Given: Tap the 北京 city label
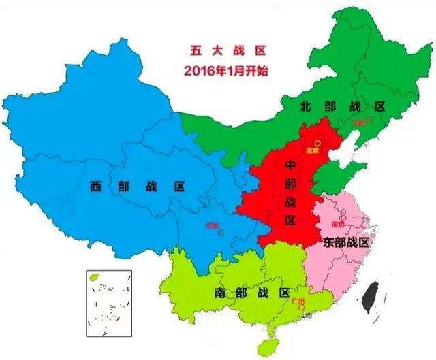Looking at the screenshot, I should tap(311, 151).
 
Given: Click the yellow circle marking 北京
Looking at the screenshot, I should tap(317, 144).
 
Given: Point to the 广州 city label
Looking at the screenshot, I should tap(296, 301).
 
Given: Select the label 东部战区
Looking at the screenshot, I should tap(346, 242).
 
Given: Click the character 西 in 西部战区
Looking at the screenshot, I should tap(95, 186).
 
